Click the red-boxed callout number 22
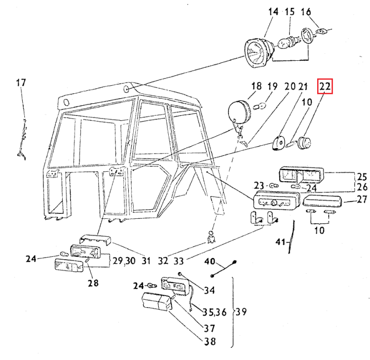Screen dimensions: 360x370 (325, 87)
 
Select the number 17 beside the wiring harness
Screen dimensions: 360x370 (20, 82)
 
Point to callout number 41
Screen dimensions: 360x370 (281, 241)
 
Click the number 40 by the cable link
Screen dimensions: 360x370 (210, 262)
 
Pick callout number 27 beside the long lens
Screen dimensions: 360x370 (362, 200)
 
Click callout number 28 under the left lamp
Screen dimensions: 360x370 (93, 283)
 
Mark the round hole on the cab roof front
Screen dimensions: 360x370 (127, 89)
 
